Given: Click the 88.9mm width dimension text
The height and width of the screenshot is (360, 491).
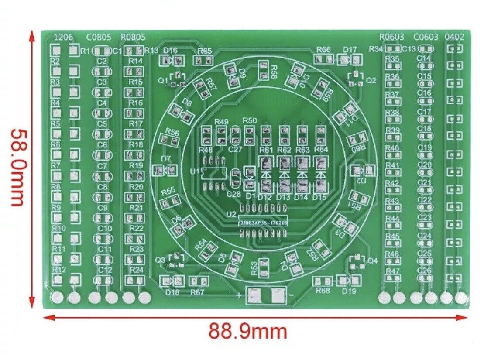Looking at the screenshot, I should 247,332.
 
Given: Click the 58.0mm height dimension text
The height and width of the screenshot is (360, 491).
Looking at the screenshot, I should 17,167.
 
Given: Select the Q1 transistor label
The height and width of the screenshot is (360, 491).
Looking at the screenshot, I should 162,80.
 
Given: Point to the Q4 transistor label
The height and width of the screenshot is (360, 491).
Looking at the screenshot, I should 372,261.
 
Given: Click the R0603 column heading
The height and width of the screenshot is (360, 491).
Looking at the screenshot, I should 391,37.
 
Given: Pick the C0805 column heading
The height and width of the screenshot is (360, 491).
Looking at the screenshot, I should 98,37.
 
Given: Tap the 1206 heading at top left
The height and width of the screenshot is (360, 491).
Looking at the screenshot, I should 63,37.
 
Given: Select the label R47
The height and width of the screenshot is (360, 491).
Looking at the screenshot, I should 392,271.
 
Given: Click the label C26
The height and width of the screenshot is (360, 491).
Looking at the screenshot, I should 424,271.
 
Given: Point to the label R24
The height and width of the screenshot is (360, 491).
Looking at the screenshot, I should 137,270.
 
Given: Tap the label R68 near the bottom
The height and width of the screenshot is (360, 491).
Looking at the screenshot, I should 323,291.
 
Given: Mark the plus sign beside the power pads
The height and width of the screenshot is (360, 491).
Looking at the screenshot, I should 239,295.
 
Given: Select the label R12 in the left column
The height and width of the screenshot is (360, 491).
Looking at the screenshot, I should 59,270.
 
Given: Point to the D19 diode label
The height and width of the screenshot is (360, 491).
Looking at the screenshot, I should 350,291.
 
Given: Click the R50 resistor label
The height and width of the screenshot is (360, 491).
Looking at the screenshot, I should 250,120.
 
